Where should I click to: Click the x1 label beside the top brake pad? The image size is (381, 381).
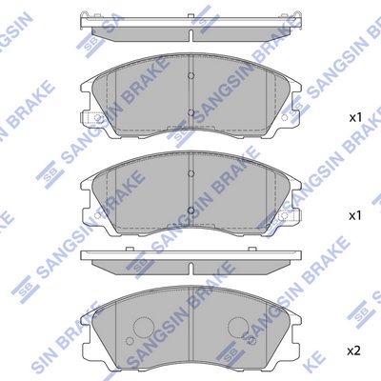coord(354,118)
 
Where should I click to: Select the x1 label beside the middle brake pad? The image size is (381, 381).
coord(354,216)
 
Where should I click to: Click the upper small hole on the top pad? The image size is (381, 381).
coord(191,79)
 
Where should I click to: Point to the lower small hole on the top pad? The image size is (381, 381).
coord(191,114)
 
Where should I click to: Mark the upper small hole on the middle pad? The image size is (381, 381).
coord(191,174)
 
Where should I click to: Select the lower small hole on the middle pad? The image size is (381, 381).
coord(191,211)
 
